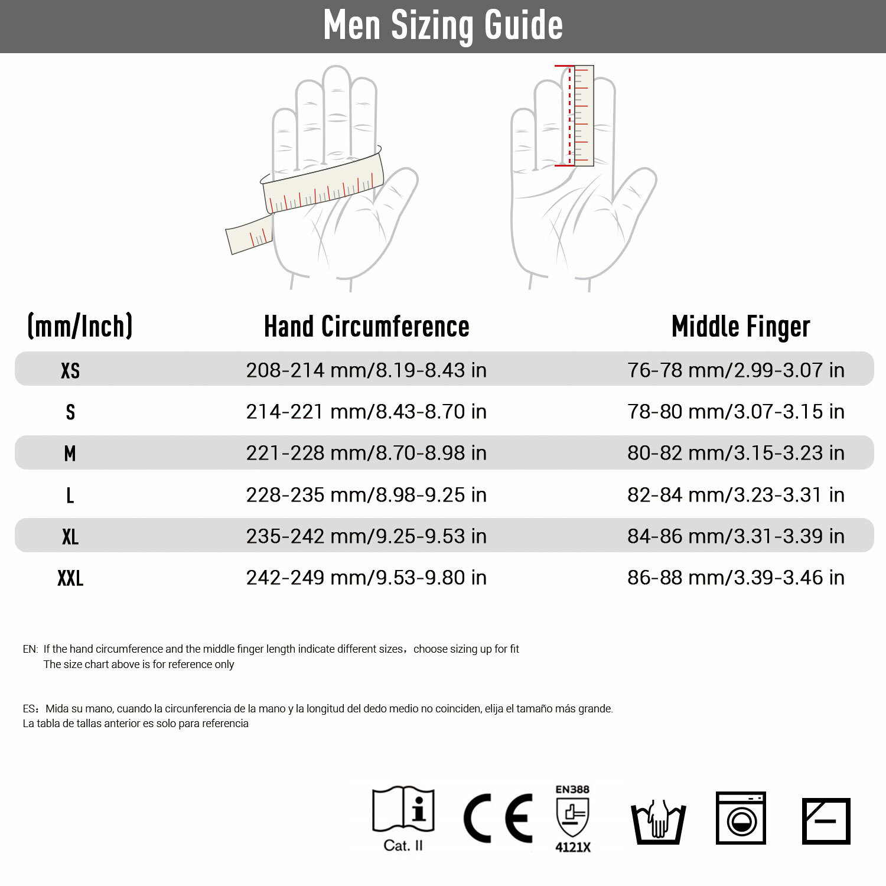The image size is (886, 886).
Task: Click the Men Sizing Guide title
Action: coord(443,25)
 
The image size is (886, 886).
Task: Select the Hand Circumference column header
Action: coord(366,327)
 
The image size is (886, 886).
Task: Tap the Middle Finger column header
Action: coord(740,327)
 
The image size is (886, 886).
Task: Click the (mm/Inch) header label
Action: coord(80,326)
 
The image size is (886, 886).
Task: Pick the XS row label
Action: coord(70,370)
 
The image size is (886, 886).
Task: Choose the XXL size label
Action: coord(70,578)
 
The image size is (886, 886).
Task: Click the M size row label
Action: coord(70,454)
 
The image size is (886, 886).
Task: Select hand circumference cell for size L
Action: coord(366,495)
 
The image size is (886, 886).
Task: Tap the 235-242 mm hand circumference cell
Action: coord(366,536)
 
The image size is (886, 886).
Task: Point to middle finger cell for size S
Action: coord(735,412)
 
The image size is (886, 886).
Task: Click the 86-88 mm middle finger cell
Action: coord(735,578)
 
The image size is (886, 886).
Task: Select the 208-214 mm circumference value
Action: coord(366,370)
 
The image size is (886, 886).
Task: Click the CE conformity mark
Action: coord(498,819)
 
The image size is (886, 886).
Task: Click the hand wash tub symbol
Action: coord(658,822)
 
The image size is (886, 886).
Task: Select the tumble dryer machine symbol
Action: coord(741,818)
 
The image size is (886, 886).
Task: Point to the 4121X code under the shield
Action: coord(572,847)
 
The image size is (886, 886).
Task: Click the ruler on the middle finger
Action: coord(583,115)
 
